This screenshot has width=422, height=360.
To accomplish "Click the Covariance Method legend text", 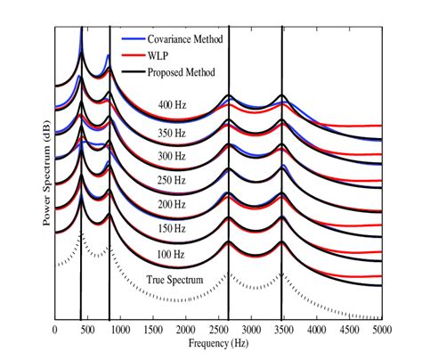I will (x=183, y=40).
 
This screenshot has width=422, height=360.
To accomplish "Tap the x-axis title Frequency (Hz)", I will (x=217, y=342).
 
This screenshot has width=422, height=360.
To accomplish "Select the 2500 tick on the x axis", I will (x=219, y=329).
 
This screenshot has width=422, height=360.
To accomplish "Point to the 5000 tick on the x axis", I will (x=382, y=329).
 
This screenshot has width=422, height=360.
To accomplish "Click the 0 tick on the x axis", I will (x=55, y=329).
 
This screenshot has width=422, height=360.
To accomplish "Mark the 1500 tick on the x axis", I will (x=153, y=329).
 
